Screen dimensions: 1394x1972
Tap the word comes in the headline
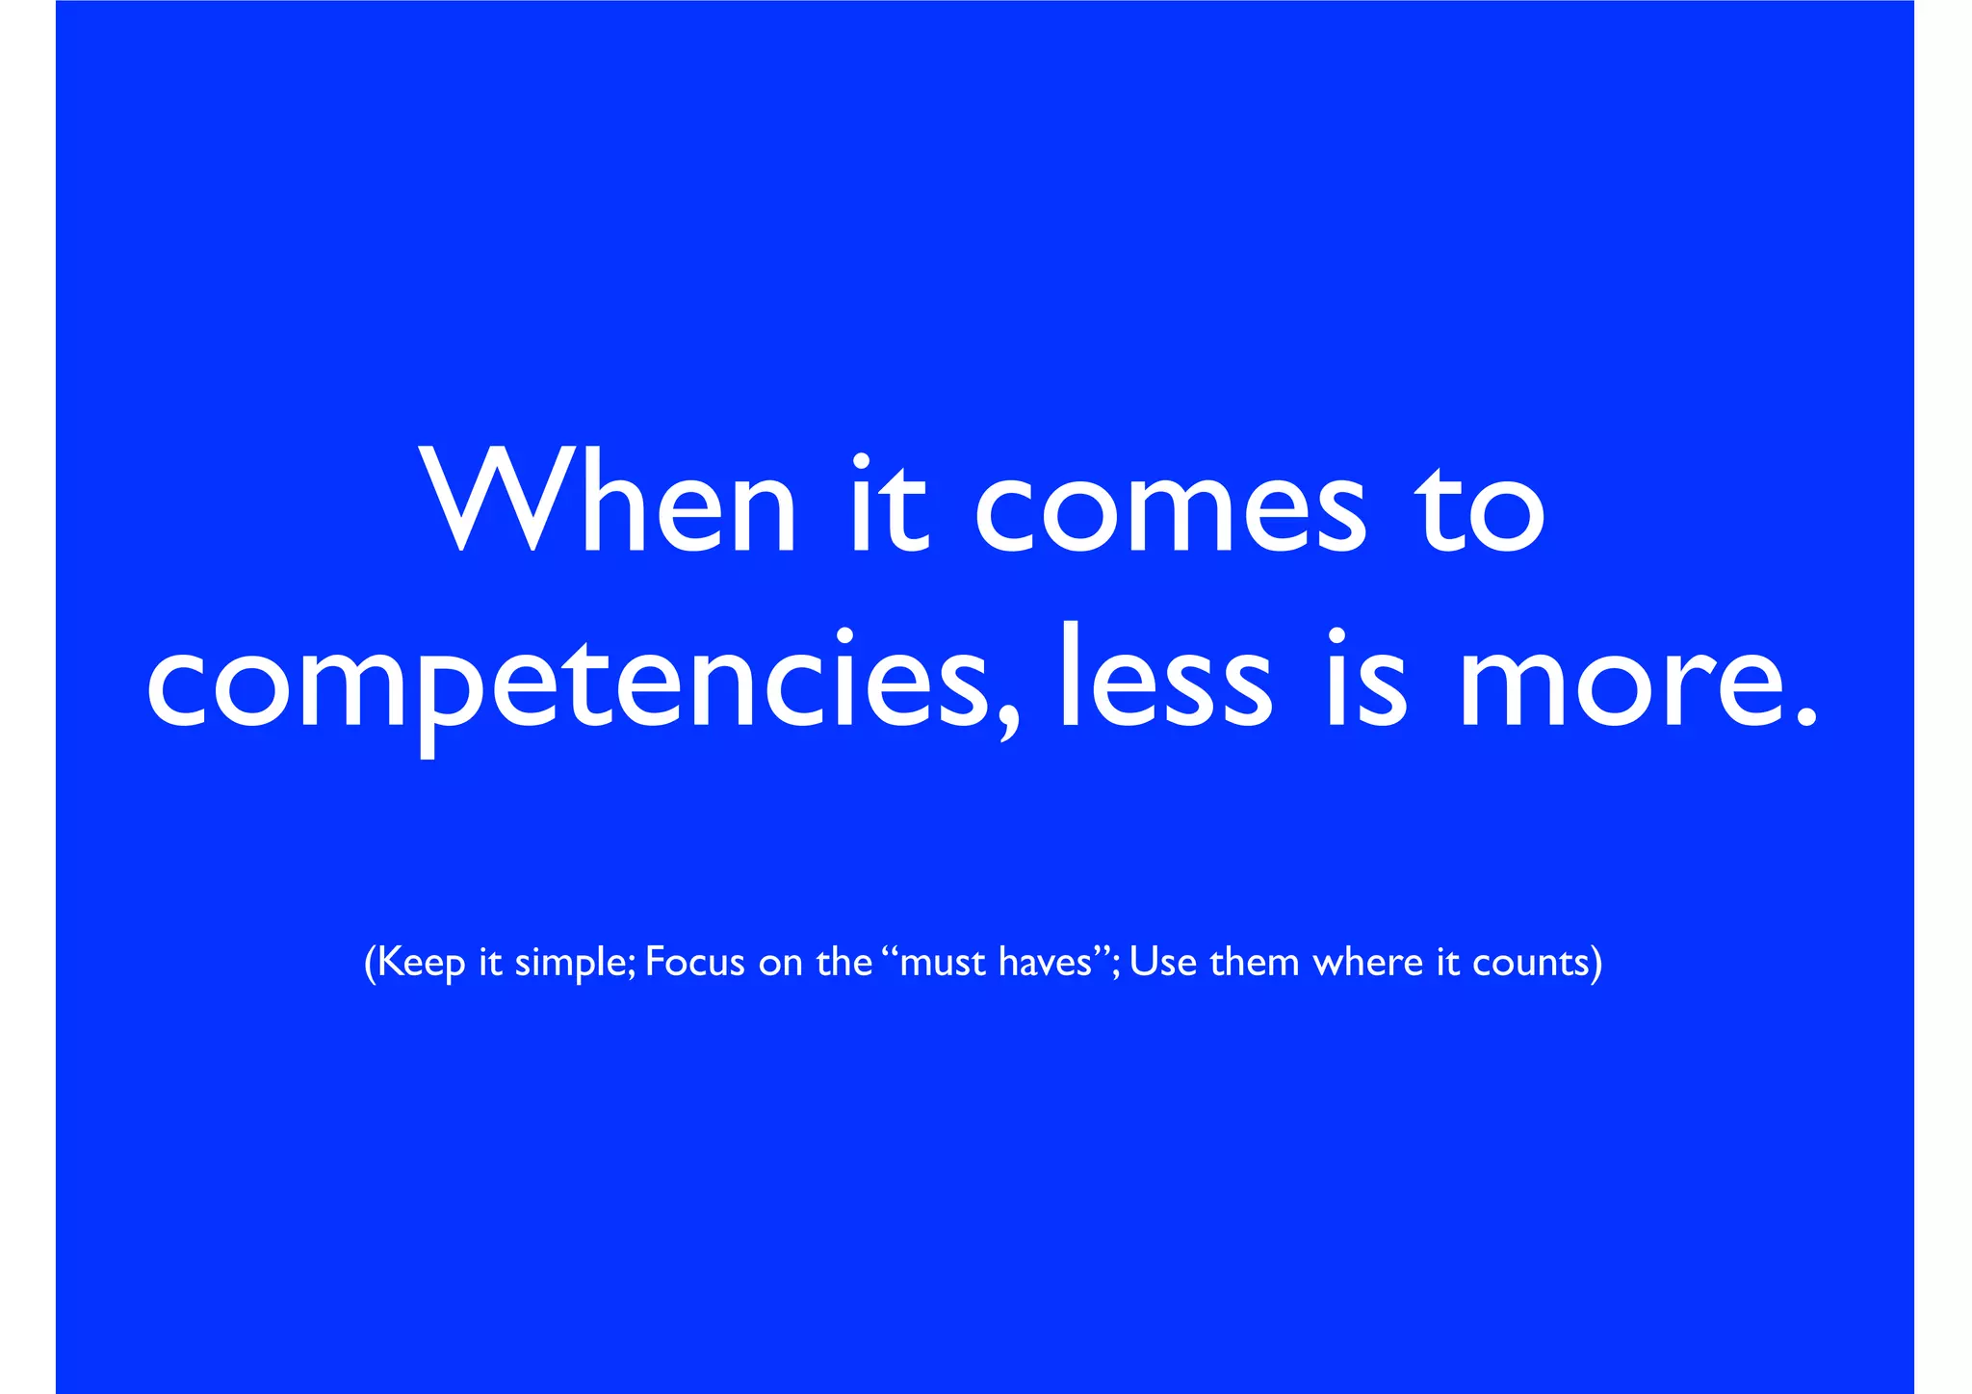pyautogui.click(x=1170, y=510)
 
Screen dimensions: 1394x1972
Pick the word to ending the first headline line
pyautogui.click(x=1478, y=510)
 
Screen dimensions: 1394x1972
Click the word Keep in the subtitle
pyautogui.click(x=422, y=962)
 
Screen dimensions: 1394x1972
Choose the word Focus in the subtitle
pyautogui.click(x=694, y=962)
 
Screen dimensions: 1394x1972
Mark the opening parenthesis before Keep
pyautogui.click(x=371, y=963)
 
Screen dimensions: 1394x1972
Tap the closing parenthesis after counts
pyautogui.click(x=1596, y=963)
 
